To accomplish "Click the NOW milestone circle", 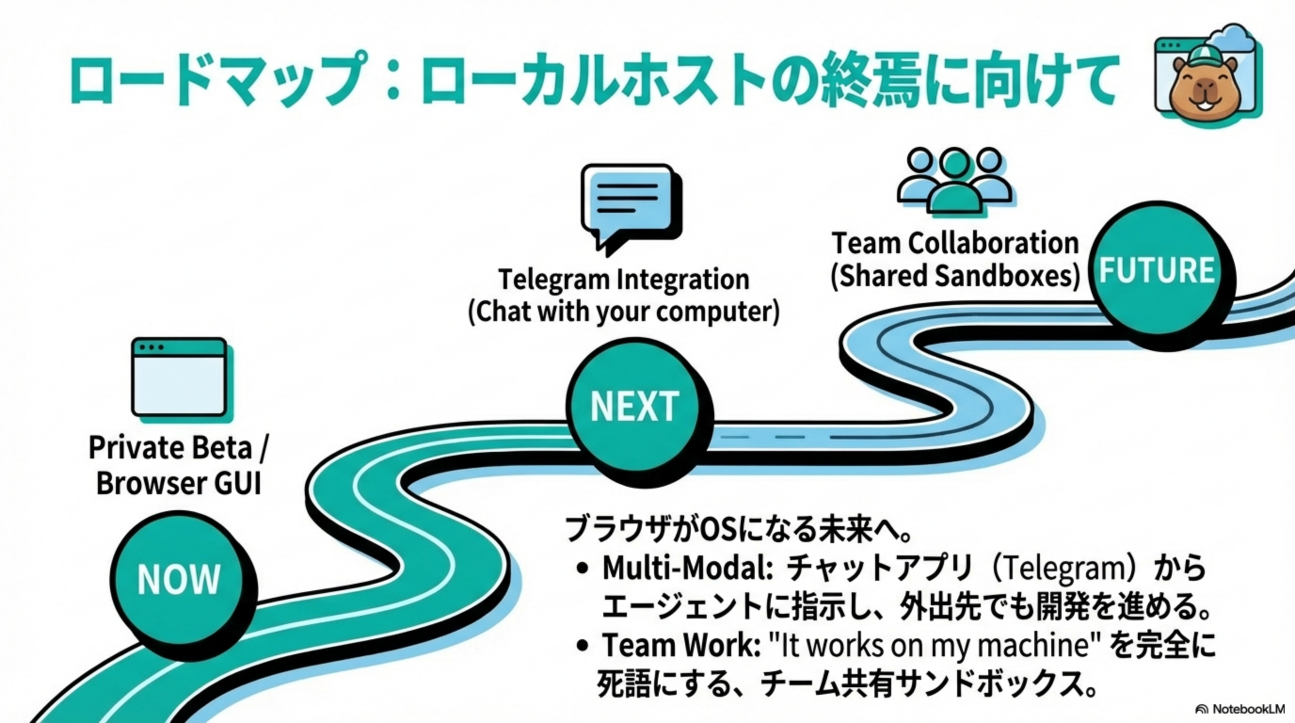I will click(x=179, y=579).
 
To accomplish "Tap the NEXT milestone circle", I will click(x=634, y=406).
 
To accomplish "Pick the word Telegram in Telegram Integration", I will click(x=553, y=280).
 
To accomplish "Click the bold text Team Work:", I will click(x=682, y=644).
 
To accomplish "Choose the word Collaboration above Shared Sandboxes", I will click(x=993, y=243).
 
